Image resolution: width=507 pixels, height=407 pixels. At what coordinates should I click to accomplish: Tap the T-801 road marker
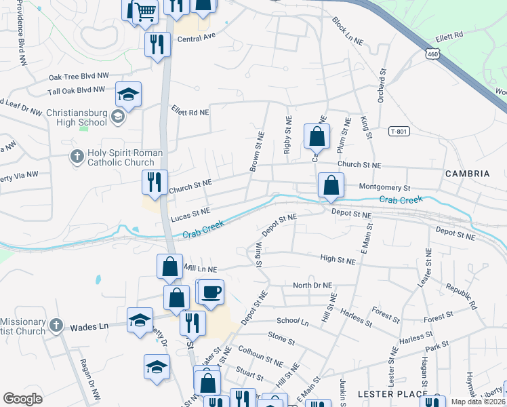(401, 131)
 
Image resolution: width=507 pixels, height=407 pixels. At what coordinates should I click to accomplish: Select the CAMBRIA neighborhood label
(467, 174)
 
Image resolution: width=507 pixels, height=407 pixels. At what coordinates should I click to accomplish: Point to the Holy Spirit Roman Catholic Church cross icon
(77, 157)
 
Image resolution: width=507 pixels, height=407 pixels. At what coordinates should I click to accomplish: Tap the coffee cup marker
(211, 292)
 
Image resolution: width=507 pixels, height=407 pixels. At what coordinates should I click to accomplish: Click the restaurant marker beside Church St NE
(155, 182)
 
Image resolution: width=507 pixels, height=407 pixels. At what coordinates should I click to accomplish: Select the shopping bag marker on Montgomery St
(330, 185)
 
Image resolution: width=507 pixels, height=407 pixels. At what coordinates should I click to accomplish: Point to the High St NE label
(338, 260)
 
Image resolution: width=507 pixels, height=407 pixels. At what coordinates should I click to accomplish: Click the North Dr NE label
(312, 286)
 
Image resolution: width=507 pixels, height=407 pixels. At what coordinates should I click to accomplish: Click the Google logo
(22, 398)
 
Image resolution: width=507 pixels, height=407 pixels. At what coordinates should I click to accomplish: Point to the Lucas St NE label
(190, 214)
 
